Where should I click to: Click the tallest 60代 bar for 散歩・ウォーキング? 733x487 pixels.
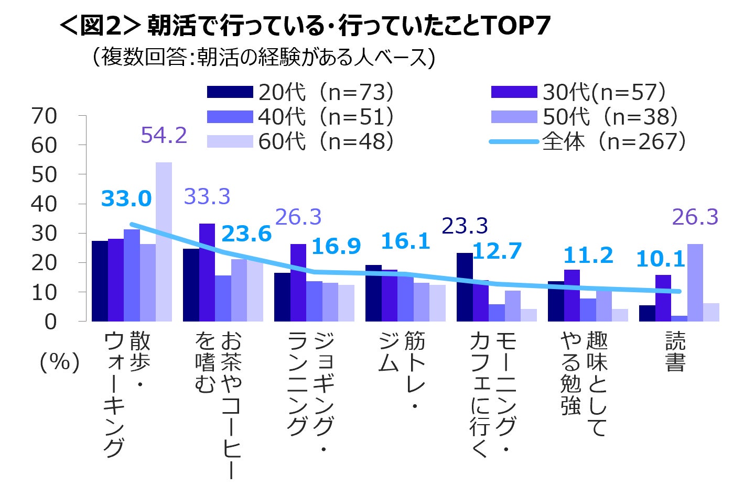[x=164, y=241]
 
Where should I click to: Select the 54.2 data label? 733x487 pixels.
[x=164, y=135]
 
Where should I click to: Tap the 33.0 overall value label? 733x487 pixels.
[x=126, y=199]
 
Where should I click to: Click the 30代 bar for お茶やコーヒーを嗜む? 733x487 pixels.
[x=207, y=272]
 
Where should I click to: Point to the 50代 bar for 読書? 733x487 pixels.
[x=695, y=283]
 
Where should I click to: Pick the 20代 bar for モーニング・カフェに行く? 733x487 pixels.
[x=465, y=287]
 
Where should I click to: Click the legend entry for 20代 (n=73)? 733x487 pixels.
[x=300, y=92]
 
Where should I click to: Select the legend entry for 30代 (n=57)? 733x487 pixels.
[x=579, y=92]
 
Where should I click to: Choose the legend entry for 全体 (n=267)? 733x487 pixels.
[x=587, y=141]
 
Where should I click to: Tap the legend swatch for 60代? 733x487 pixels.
[x=230, y=141]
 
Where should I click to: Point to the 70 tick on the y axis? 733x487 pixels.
[x=45, y=116]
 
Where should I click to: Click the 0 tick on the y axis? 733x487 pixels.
[x=51, y=322]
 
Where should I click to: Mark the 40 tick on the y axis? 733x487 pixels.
[x=45, y=204]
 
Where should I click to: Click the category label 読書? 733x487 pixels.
[x=675, y=352]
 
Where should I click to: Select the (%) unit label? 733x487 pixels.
[x=60, y=362]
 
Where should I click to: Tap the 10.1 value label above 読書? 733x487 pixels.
[x=661, y=259]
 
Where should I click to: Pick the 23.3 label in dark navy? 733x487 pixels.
[x=465, y=226]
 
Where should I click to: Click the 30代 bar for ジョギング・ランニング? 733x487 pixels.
[x=298, y=283]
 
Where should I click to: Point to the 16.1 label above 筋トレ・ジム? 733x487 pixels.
[x=405, y=241]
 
